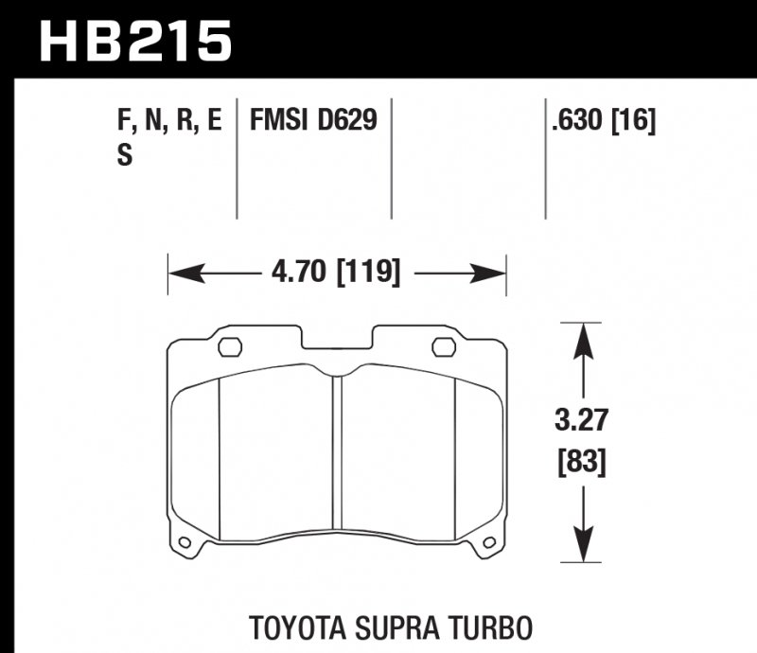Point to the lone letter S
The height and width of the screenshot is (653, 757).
coord(124,156)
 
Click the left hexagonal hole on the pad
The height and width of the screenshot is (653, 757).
coord(230,346)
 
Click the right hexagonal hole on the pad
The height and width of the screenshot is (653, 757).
coord(444,346)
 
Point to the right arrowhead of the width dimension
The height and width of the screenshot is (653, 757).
coord(494,274)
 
